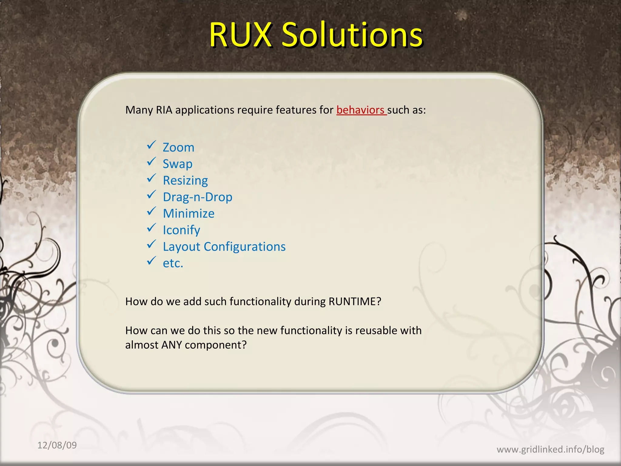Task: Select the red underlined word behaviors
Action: pyautogui.click(x=360, y=110)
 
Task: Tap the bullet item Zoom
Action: pyautogui.click(x=179, y=147)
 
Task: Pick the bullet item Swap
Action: pyautogui.click(x=178, y=164)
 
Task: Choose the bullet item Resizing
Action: pyautogui.click(x=185, y=181)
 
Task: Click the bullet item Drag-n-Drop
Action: pyautogui.click(x=198, y=197)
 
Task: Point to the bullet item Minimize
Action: pyautogui.click(x=189, y=214)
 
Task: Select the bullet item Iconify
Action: pyautogui.click(x=181, y=230)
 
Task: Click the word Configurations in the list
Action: pyautogui.click(x=245, y=247)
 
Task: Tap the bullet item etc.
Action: pyautogui.click(x=173, y=263)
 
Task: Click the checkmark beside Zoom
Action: pyautogui.click(x=151, y=145)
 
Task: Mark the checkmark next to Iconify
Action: pyautogui.click(x=151, y=228)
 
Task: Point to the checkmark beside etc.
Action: pyautogui.click(x=151, y=261)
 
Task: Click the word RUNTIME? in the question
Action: pyautogui.click(x=355, y=302)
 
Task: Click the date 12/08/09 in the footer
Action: pyautogui.click(x=57, y=445)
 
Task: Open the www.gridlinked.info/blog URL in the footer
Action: pyautogui.click(x=550, y=449)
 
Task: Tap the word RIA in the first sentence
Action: pyautogui.click(x=164, y=110)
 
